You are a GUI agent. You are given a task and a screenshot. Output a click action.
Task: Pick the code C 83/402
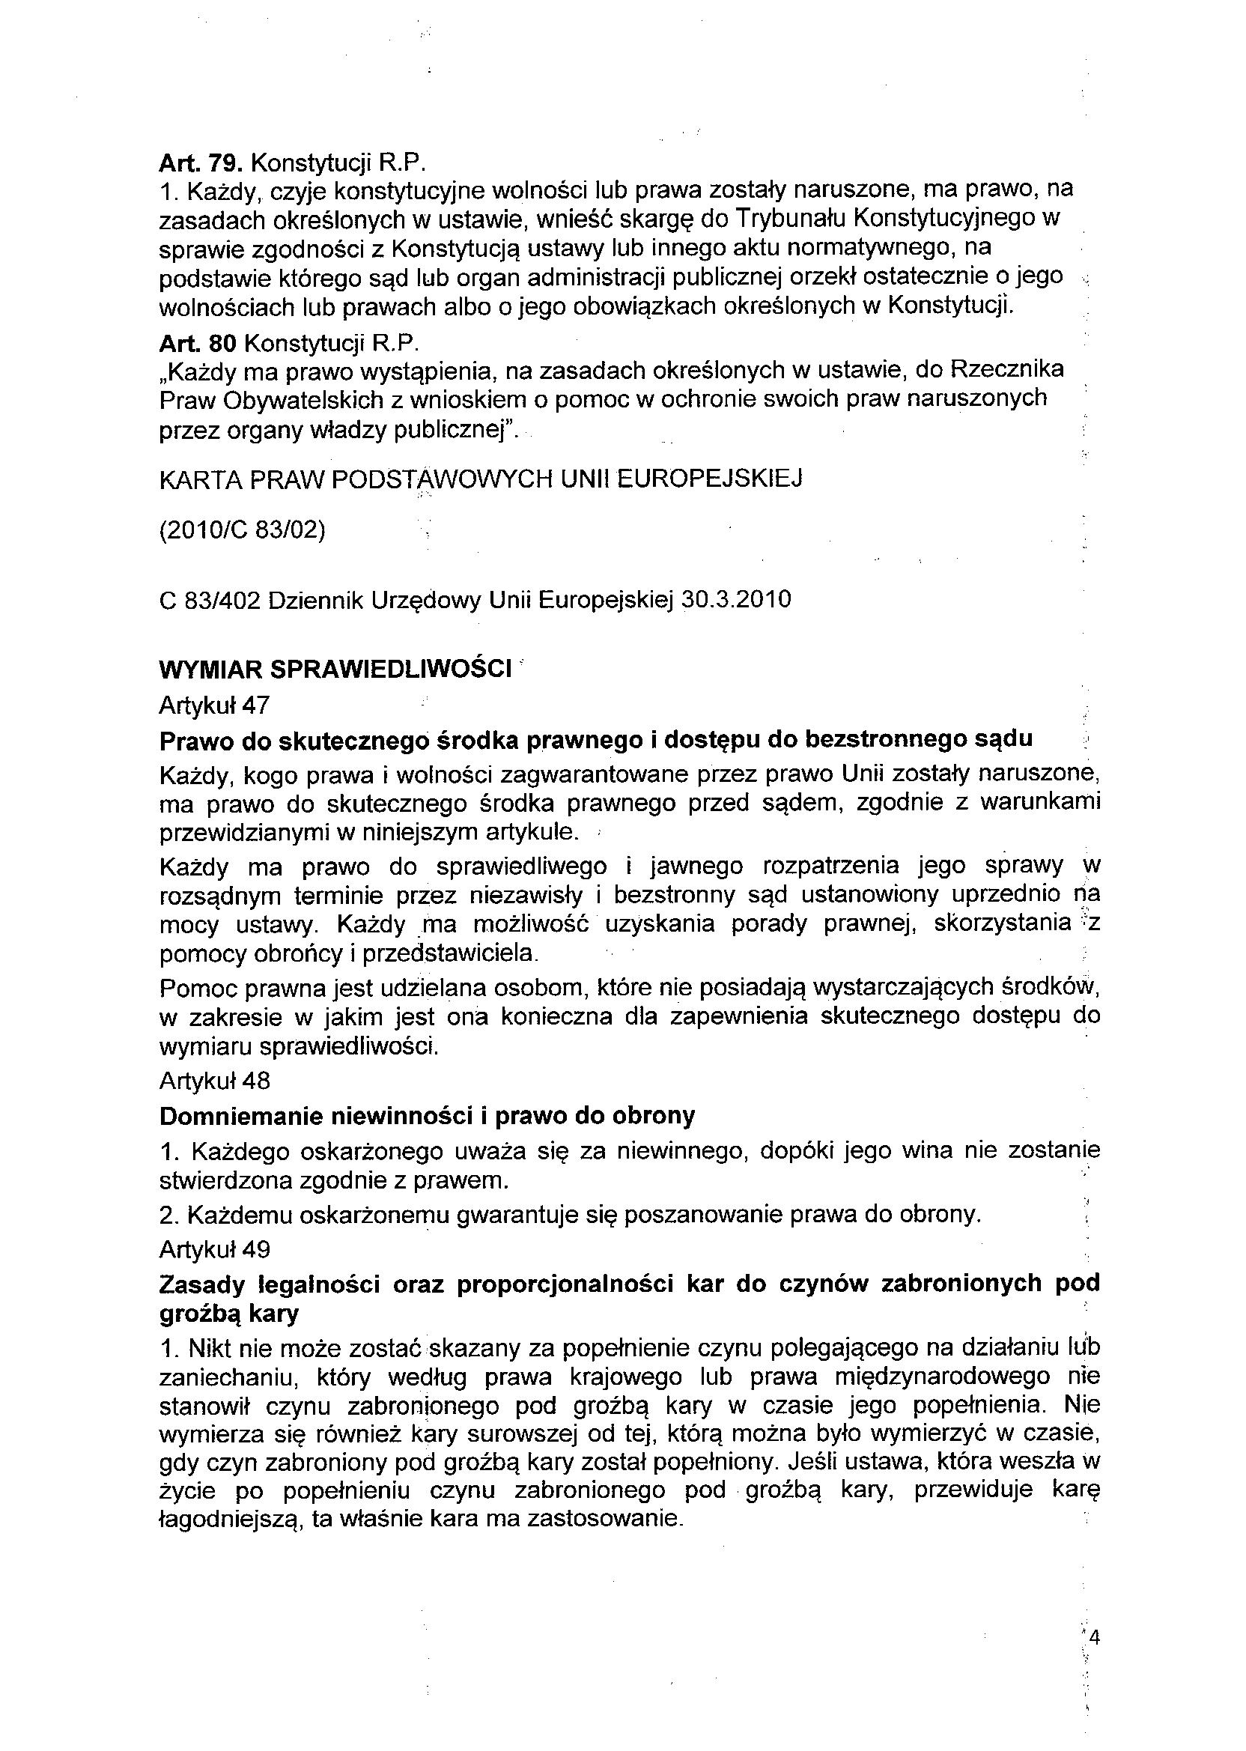pyautogui.click(x=208, y=599)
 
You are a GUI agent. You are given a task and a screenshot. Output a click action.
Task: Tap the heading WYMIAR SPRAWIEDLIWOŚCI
pyautogui.click(x=335, y=669)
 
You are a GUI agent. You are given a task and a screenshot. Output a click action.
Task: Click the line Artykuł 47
pyautogui.click(x=214, y=705)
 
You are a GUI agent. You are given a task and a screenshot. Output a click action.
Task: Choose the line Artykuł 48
pyautogui.click(x=215, y=1081)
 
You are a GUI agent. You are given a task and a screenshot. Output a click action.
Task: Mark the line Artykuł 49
pyautogui.click(x=215, y=1250)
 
